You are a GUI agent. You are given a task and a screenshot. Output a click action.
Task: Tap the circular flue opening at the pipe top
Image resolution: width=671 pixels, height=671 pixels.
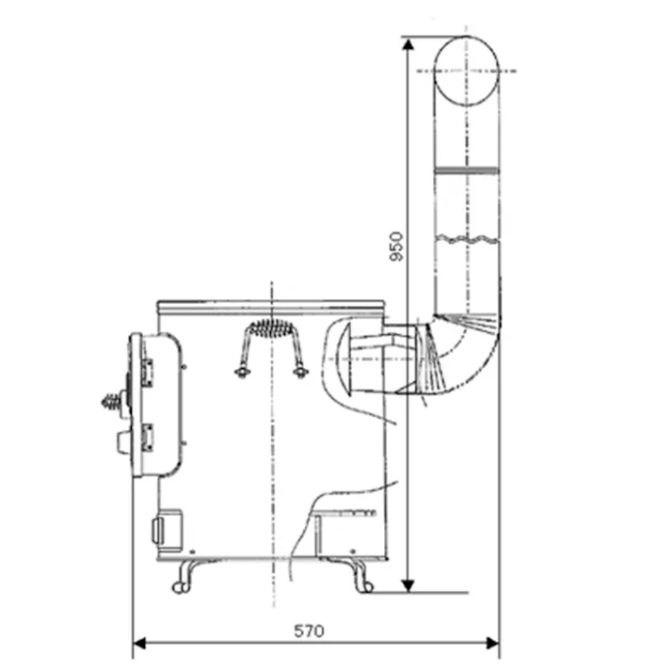pos(467,72)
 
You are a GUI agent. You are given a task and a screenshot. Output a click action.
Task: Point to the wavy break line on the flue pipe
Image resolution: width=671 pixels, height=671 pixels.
pos(467,239)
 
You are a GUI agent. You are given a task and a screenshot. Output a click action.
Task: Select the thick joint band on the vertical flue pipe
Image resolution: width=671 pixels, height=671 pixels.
pos(467,169)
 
